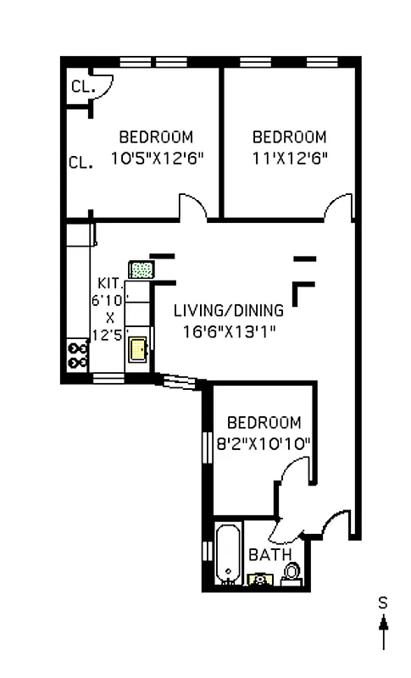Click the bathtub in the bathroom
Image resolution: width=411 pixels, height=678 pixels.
(228, 555)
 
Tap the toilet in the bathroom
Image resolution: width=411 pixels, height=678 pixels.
(292, 573)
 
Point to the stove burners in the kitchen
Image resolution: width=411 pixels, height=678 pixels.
(79, 354)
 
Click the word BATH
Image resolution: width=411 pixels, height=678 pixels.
(267, 555)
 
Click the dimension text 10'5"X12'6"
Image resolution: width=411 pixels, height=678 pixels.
(158, 157)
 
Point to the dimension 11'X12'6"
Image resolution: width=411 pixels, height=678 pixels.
(290, 157)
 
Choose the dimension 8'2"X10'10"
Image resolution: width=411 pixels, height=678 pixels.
(265, 442)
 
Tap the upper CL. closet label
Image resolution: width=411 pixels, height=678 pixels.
(82, 86)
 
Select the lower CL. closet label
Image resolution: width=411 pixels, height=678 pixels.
(81, 162)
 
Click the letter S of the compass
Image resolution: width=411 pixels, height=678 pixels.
(383, 603)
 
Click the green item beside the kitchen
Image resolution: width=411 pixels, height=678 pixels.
(141, 270)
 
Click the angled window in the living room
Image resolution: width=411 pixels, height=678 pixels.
(180, 383)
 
